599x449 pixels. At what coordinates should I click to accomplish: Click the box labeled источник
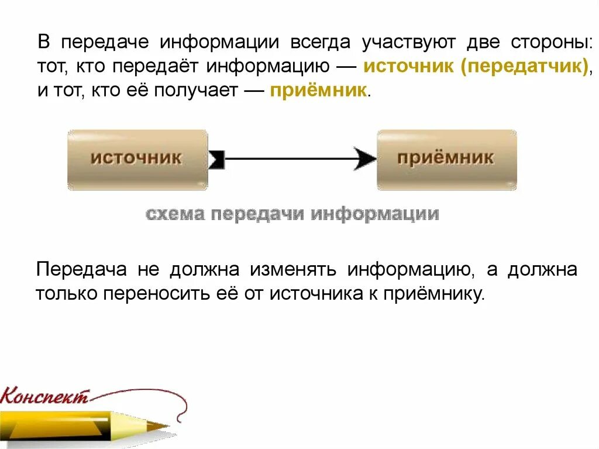click(137, 159)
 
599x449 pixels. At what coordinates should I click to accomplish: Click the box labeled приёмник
click(446, 159)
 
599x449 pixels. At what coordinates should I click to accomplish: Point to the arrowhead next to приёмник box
click(366, 159)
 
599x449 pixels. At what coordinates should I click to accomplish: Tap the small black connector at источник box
click(216, 159)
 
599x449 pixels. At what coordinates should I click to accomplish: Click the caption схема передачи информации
click(292, 214)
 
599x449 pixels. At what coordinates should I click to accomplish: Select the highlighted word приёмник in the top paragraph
click(319, 91)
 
